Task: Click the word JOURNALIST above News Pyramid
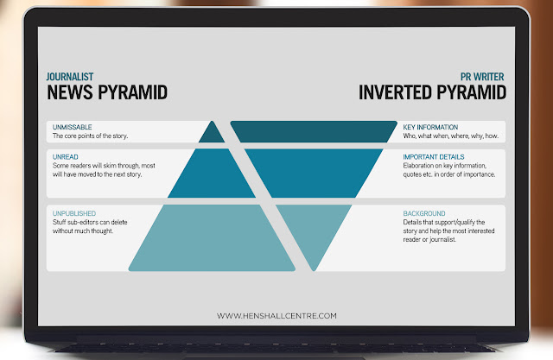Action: [x=70, y=77]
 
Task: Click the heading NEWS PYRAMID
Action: [x=107, y=92]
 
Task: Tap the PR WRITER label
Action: [x=482, y=77]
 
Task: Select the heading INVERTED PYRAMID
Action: [x=432, y=92]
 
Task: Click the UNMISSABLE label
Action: [x=72, y=127]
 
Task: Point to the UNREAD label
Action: [x=66, y=157]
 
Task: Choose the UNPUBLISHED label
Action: [x=74, y=213]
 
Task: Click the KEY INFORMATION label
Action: [x=430, y=127]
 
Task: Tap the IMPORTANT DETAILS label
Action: [x=434, y=157]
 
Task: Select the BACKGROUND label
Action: [x=424, y=213]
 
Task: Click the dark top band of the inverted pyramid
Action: [x=314, y=132]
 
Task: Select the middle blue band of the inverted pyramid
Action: [x=314, y=173]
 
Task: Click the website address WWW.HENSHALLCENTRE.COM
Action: [x=276, y=316]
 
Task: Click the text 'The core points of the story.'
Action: [x=90, y=136]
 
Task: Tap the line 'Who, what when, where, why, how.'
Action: [x=451, y=136]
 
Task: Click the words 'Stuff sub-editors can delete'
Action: [x=90, y=222]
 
